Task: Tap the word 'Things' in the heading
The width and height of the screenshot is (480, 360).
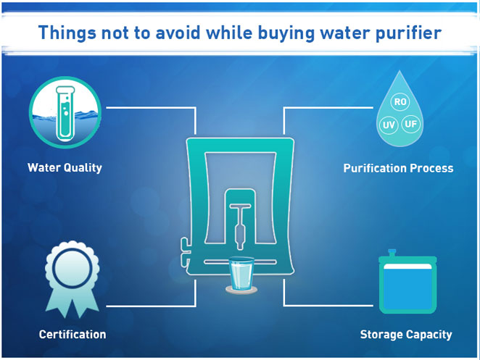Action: tap(67, 33)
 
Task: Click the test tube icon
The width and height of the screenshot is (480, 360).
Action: tap(65, 113)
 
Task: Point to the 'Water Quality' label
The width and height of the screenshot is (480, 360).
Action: tap(65, 168)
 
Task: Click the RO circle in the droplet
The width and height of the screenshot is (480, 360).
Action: tap(400, 101)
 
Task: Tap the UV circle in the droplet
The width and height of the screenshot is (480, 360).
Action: tap(389, 125)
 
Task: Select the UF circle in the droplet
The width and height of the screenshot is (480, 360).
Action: tap(410, 124)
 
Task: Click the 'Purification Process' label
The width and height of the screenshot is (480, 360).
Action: tap(398, 168)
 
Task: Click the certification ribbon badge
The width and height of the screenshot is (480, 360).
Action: tap(73, 279)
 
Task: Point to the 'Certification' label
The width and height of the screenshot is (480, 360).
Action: tap(73, 335)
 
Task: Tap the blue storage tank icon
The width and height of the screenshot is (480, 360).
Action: tap(407, 282)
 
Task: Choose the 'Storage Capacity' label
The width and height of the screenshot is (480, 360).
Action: tap(406, 335)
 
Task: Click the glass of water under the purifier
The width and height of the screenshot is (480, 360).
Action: tap(241, 275)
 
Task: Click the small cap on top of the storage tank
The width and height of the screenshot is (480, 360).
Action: tap(392, 253)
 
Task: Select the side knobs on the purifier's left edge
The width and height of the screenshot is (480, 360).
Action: tap(185, 252)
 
